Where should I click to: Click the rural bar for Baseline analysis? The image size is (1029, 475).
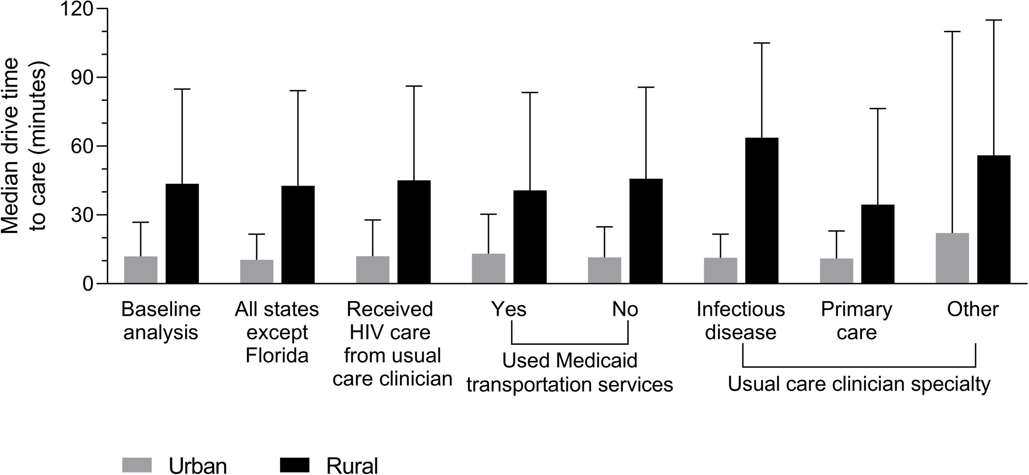point(182,234)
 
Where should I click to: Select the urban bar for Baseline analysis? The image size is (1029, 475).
point(141,270)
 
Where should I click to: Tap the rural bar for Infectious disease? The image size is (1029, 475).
point(761,211)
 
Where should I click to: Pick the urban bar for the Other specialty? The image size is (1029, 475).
point(952,258)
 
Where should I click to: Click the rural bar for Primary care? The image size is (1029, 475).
point(878,244)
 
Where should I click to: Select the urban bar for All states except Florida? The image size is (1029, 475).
point(256,271)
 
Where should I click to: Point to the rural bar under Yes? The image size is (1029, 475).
point(530,237)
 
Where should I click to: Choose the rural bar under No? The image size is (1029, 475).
point(646,231)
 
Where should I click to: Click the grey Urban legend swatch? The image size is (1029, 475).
point(137,464)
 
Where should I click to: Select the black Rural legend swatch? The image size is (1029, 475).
point(294,464)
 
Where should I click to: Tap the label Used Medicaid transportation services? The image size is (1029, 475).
point(569,373)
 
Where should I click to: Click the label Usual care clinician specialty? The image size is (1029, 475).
point(858,384)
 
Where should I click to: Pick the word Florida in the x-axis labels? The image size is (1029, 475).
point(277,356)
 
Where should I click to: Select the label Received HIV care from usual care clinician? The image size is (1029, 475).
point(392,344)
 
